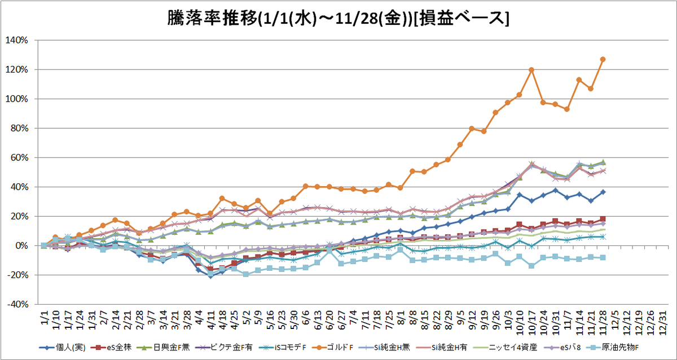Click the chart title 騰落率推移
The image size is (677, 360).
click(x=212, y=19)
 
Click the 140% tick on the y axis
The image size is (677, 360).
click(x=16, y=40)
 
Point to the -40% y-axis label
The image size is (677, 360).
click(x=18, y=304)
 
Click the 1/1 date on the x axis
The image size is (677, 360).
click(x=44, y=317)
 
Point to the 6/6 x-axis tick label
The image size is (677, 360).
click(x=305, y=317)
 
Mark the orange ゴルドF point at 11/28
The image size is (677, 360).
click(x=603, y=59)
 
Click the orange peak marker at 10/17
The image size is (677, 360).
click(x=531, y=70)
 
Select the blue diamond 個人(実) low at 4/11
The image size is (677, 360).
click(x=210, y=276)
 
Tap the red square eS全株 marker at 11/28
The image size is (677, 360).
click(x=603, y=219)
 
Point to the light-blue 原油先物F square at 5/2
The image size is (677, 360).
click(x=246, y=274)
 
